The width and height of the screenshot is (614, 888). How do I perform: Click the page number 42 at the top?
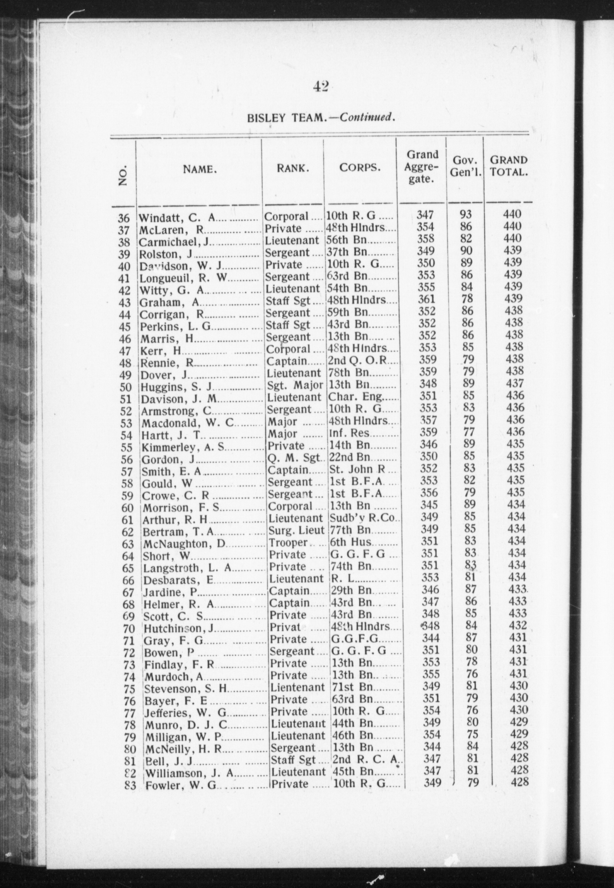[320, 87]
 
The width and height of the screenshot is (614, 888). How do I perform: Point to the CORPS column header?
[360, 168]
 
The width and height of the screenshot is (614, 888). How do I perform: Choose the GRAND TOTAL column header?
[508, 166]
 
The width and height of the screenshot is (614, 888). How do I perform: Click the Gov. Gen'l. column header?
[465, 166]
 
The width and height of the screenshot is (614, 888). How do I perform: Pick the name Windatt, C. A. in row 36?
[177, 218]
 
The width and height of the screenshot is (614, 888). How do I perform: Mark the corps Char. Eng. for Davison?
[358, 397]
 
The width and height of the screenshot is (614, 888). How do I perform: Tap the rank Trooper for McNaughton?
[288, 542]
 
